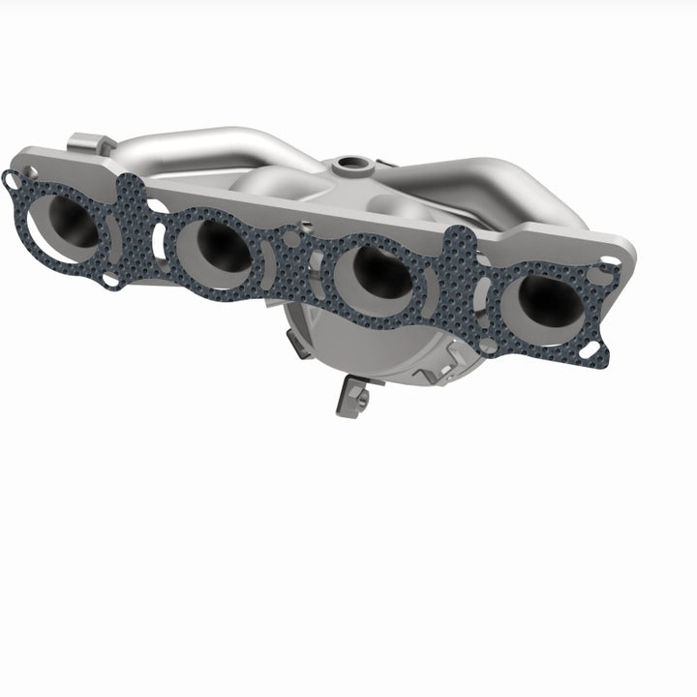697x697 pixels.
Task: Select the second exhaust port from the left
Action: click(215, 250)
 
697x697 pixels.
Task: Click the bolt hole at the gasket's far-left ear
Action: click(12, 179)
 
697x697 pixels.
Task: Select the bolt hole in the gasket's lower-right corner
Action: click(591, 352)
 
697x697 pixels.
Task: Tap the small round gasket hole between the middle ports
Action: click(291, 235)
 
